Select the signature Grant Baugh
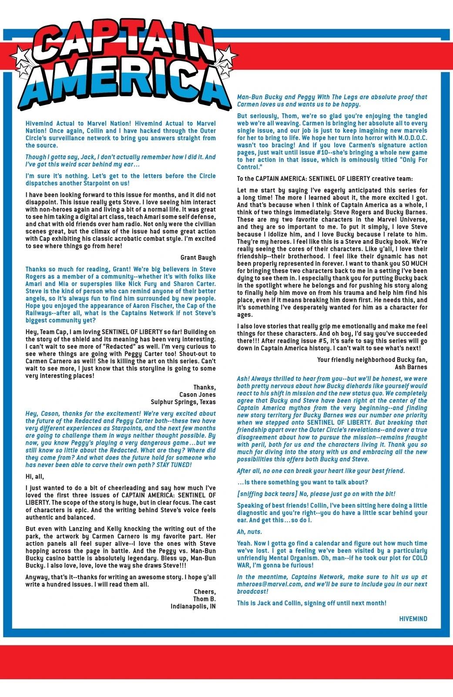(198, 257)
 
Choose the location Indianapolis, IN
(193, 606)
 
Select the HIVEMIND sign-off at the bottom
(413, 619)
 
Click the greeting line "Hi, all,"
(35, 477)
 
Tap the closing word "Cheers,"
(205, 592)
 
